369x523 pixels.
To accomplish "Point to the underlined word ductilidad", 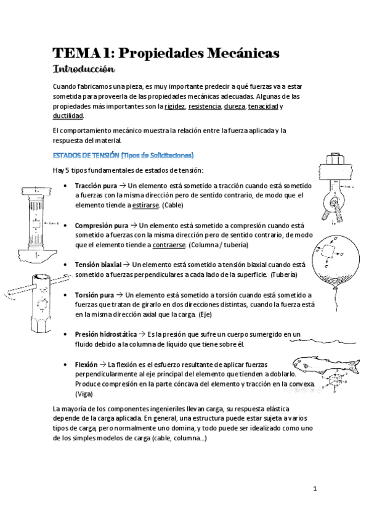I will coord(68,115).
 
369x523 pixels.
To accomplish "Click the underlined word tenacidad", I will coord(262,106).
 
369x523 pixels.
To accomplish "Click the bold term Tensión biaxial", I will coord(98,264).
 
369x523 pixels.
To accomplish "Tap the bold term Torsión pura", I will coord(94,295).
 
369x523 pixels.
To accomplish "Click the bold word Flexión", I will coord(86,364).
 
